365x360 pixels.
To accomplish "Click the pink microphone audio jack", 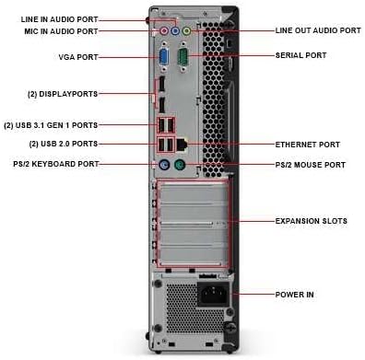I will pos(165,30).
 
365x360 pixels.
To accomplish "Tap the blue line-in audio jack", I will pos(176,30).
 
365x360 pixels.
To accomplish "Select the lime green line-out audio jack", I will pos(187,30).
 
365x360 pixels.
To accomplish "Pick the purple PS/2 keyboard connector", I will pos(164,167).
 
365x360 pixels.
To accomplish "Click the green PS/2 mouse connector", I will pos(182,167).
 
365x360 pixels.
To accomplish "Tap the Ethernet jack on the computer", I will pos(183,145).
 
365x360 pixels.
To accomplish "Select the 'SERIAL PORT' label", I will pos(301,55).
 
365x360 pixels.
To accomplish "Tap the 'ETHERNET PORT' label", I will pos(308,145).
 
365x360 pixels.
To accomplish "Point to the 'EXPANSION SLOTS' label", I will pos(312,221).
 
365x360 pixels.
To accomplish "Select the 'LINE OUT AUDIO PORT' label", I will pos(318,30).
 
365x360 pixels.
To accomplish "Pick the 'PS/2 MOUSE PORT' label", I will pos(311,165).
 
